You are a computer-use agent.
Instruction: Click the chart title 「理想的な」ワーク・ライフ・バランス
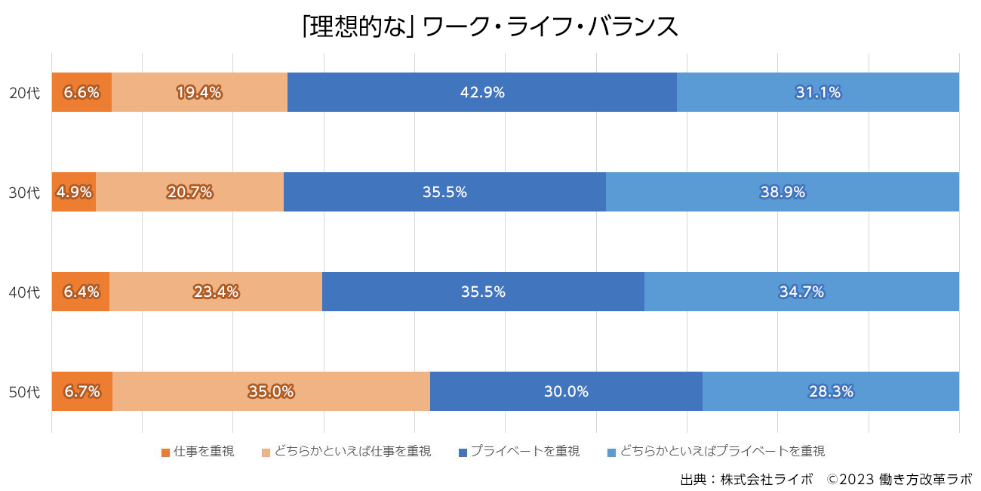[490, 26]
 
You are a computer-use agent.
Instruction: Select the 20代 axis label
[24, 93]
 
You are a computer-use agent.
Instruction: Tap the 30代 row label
[24, 193]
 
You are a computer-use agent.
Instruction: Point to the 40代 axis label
[24, 292]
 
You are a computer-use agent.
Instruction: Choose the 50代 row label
[24, 392]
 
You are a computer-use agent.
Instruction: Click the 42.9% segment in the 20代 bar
[482, 92]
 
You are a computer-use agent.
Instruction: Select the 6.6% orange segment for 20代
[81, 92]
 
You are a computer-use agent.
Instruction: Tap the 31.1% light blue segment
[818, 92]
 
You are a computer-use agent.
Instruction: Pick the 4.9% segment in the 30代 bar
[74, 192]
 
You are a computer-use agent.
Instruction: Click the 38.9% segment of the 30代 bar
[783, 192]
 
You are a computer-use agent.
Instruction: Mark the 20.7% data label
[189, 192]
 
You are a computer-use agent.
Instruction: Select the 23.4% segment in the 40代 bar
[216, 292]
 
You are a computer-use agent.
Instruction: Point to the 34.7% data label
[801, 292]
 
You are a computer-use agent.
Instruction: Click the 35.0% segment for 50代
[271, 391]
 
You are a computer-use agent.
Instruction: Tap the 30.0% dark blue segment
[566, 391]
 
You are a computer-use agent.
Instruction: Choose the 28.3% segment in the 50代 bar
[831, 391]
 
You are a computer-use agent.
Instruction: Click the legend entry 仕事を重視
[198, 452]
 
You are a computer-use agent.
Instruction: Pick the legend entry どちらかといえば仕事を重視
[346, 452]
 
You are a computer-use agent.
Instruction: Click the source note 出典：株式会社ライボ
[746, 480]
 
